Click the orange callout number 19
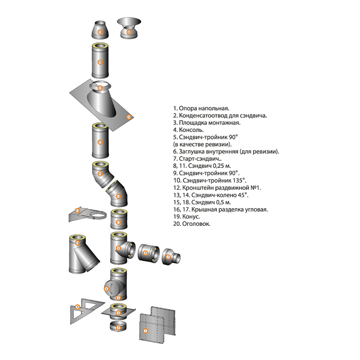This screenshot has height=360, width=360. pyautogui.click(x=99, y=32)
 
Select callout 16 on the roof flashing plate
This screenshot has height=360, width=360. pyautogui.click(x=129, y=117)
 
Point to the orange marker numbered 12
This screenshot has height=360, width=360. pyautogui.click(x=77, y=211)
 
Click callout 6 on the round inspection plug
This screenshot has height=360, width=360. pyautogui.click(x=107, y=289)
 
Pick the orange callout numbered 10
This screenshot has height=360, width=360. pyautogui.click(x=78, y=243)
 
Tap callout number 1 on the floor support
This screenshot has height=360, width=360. pyautogui.click(x=145, y=330)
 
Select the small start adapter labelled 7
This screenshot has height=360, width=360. pyautogui.click(x=171, y=257)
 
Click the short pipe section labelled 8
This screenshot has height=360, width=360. pyautogui.click(x=148, y=254)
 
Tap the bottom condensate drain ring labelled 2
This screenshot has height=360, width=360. pyautogui.click(x=118, y=328)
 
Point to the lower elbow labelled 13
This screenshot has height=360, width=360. pyautogui.click(x=117, y=197)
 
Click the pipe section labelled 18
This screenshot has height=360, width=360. pyautogui.click(x=100, y=62)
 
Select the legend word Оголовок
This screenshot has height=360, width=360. pyautogui.click(x=196, y=223)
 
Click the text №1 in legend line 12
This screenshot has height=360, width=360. pyautogui.click(x=256, y=187)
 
